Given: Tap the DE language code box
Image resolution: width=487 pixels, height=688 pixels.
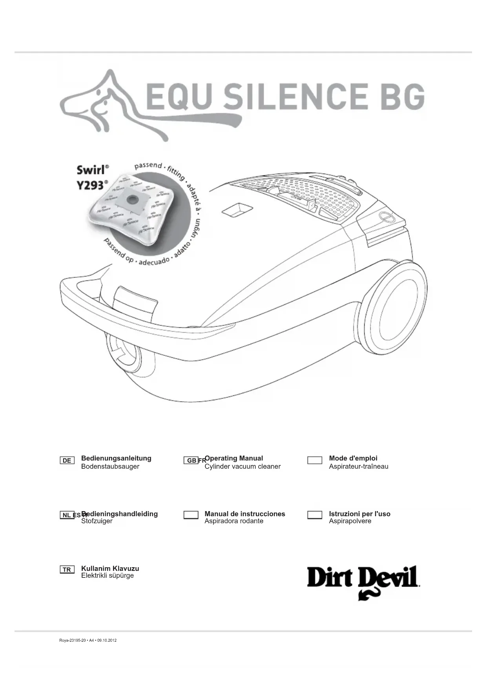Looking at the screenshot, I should (67, 460).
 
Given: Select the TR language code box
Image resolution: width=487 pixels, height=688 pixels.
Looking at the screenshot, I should (67, 570).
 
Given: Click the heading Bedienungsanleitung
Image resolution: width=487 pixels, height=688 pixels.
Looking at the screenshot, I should (116, 458).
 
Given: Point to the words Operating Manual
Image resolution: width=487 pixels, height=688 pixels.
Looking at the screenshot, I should (234, 458).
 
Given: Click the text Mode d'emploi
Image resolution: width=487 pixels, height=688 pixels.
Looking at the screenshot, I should (353, 458).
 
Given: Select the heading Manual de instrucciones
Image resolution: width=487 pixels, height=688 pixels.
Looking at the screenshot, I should (245, 514).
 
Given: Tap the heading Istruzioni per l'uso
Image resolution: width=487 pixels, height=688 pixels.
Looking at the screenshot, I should (359, 514).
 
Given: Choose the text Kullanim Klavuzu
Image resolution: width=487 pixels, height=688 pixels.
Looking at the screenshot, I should (110, 568).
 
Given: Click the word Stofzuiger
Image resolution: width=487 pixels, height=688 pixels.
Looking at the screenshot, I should (97, 521).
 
